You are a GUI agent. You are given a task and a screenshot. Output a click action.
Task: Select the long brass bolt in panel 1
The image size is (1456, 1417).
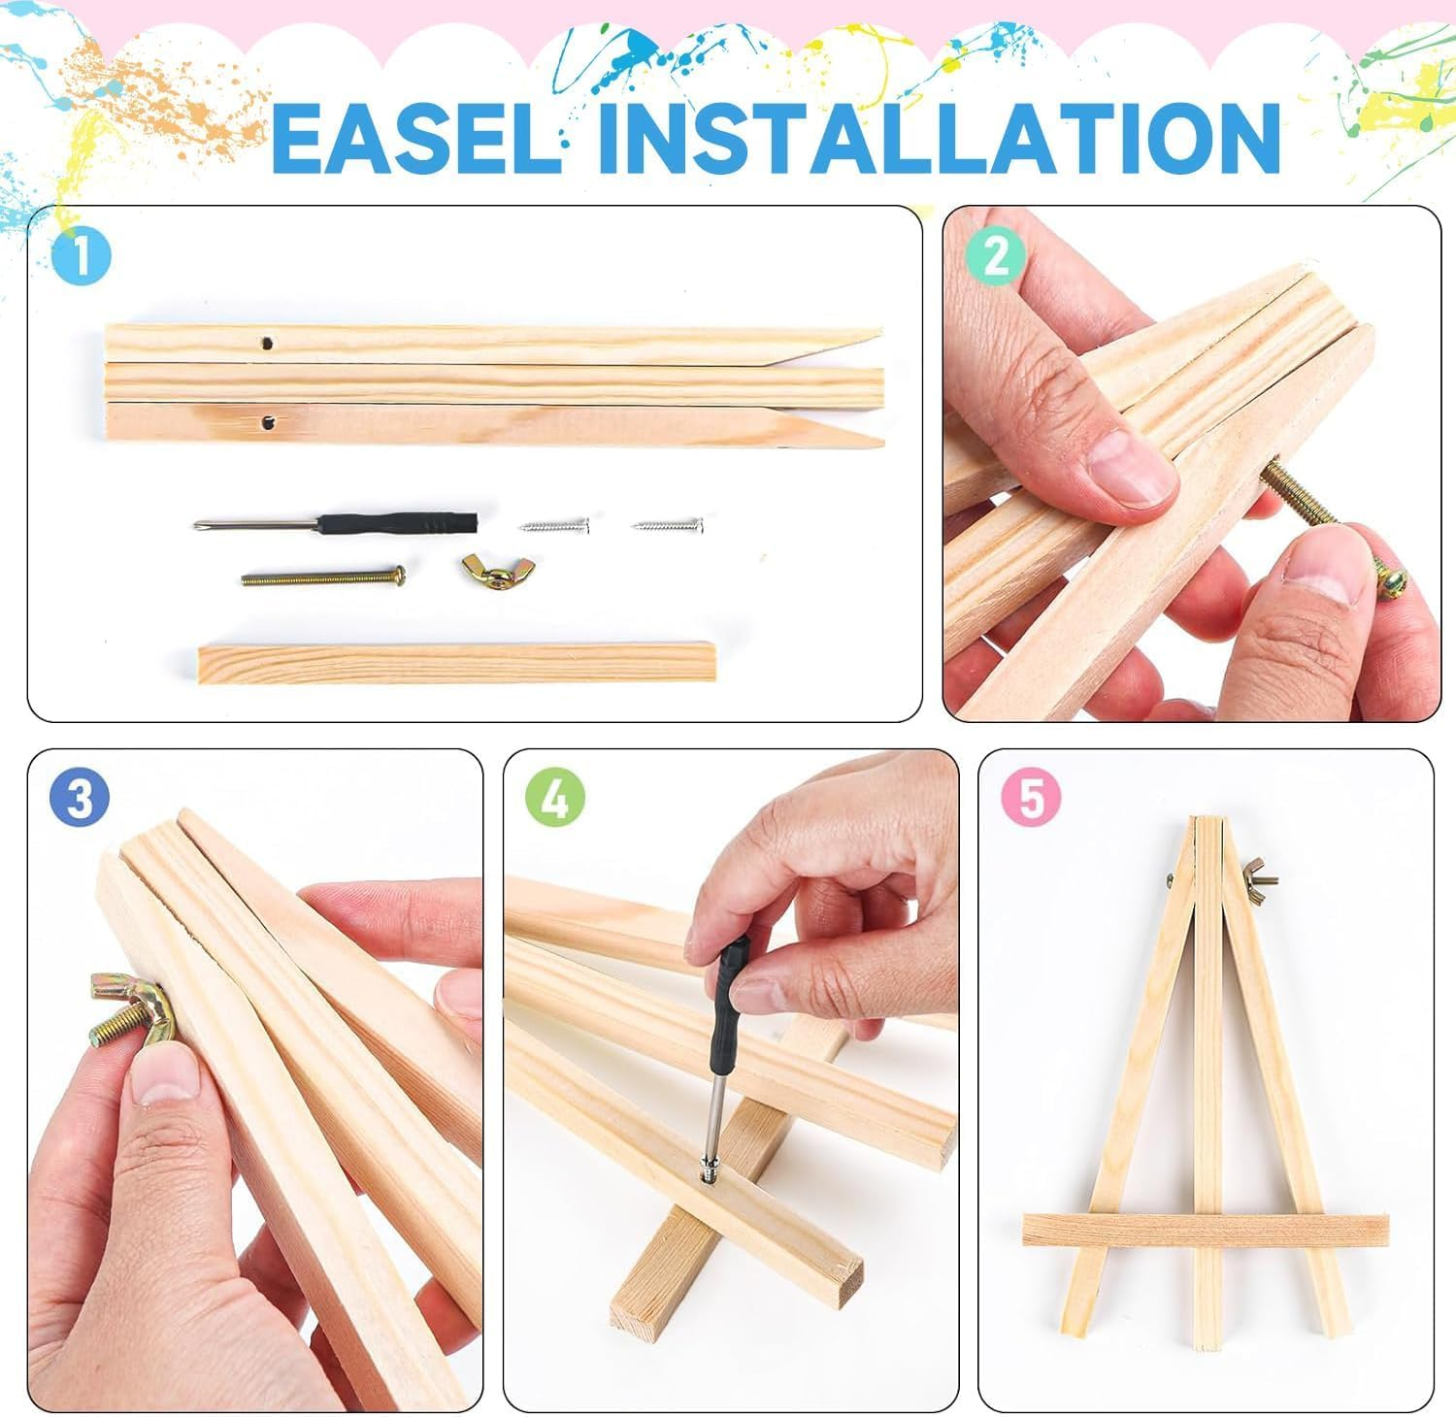click(323, 577)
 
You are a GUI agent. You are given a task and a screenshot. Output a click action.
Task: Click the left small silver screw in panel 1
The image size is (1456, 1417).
click(555, 526)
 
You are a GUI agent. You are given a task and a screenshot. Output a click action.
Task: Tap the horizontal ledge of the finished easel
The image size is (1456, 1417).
click(1206, 1230)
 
